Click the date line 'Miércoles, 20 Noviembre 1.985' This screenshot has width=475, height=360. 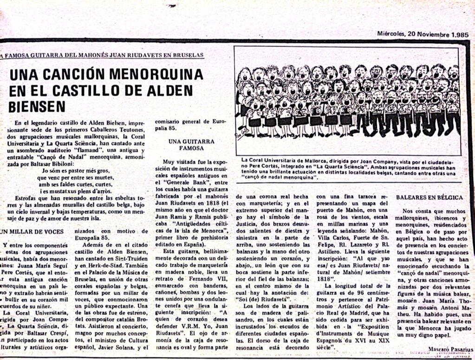coord(416,34)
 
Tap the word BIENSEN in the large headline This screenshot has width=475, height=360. coord(37,106)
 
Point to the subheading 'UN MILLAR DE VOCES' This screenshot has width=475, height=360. coord(31,231)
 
